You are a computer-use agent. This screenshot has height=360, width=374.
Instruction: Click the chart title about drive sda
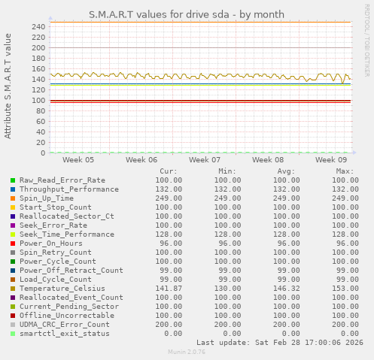(x=187, y=14)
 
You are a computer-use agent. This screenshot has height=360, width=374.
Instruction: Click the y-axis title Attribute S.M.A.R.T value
(x=8, y=86)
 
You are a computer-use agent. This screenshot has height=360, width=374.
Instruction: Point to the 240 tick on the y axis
(x=38, y=26)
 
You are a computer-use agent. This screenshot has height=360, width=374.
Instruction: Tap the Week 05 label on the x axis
(x=78, y=160)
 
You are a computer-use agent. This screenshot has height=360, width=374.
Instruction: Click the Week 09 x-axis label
(x=331, y=160)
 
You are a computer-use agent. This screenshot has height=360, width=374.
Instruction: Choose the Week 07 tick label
(x=205, y=160)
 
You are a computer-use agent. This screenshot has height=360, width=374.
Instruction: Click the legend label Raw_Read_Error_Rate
(x=62, y=180)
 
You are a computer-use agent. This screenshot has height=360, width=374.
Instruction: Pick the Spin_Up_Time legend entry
(x=47, y=198)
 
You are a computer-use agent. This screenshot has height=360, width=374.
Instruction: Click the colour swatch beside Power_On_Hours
(x=13, y=244)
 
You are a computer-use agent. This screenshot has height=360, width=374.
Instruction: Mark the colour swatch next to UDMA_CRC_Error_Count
(x=13, y=325)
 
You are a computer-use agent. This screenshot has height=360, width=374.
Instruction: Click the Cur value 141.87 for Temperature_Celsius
(x=168, y=289)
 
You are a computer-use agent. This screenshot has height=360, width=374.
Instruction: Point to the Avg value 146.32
(x=285, y=289)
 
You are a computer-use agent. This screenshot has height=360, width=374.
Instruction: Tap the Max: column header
(x=345, y=171)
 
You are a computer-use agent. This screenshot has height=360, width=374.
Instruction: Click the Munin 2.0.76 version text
(x=187, y=352)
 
